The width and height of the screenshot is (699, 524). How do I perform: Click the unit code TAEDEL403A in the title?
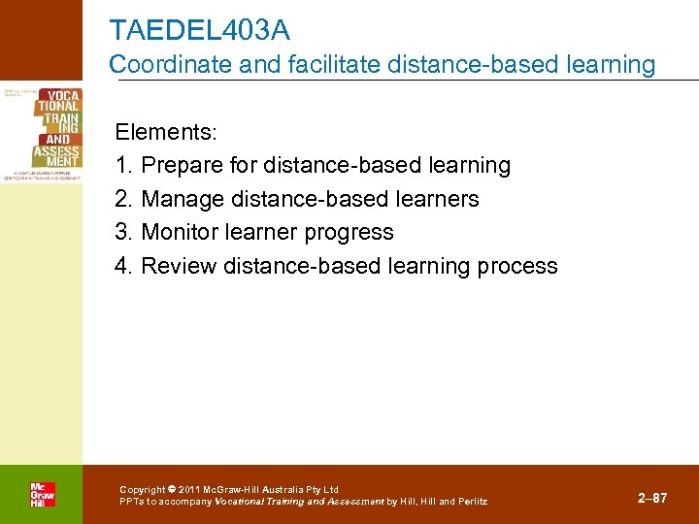point(199,30)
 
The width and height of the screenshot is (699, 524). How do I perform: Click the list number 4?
point(121,266)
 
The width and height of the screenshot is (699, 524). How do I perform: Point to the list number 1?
point(121,166)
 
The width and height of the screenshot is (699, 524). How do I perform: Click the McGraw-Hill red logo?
point(42,494)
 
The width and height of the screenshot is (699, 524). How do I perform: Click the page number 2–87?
point(652,498)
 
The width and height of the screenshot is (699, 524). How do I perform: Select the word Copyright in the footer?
point(142,490)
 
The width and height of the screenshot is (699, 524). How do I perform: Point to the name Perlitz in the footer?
point(472,502)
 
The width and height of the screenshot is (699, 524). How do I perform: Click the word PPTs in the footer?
point(132,502)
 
